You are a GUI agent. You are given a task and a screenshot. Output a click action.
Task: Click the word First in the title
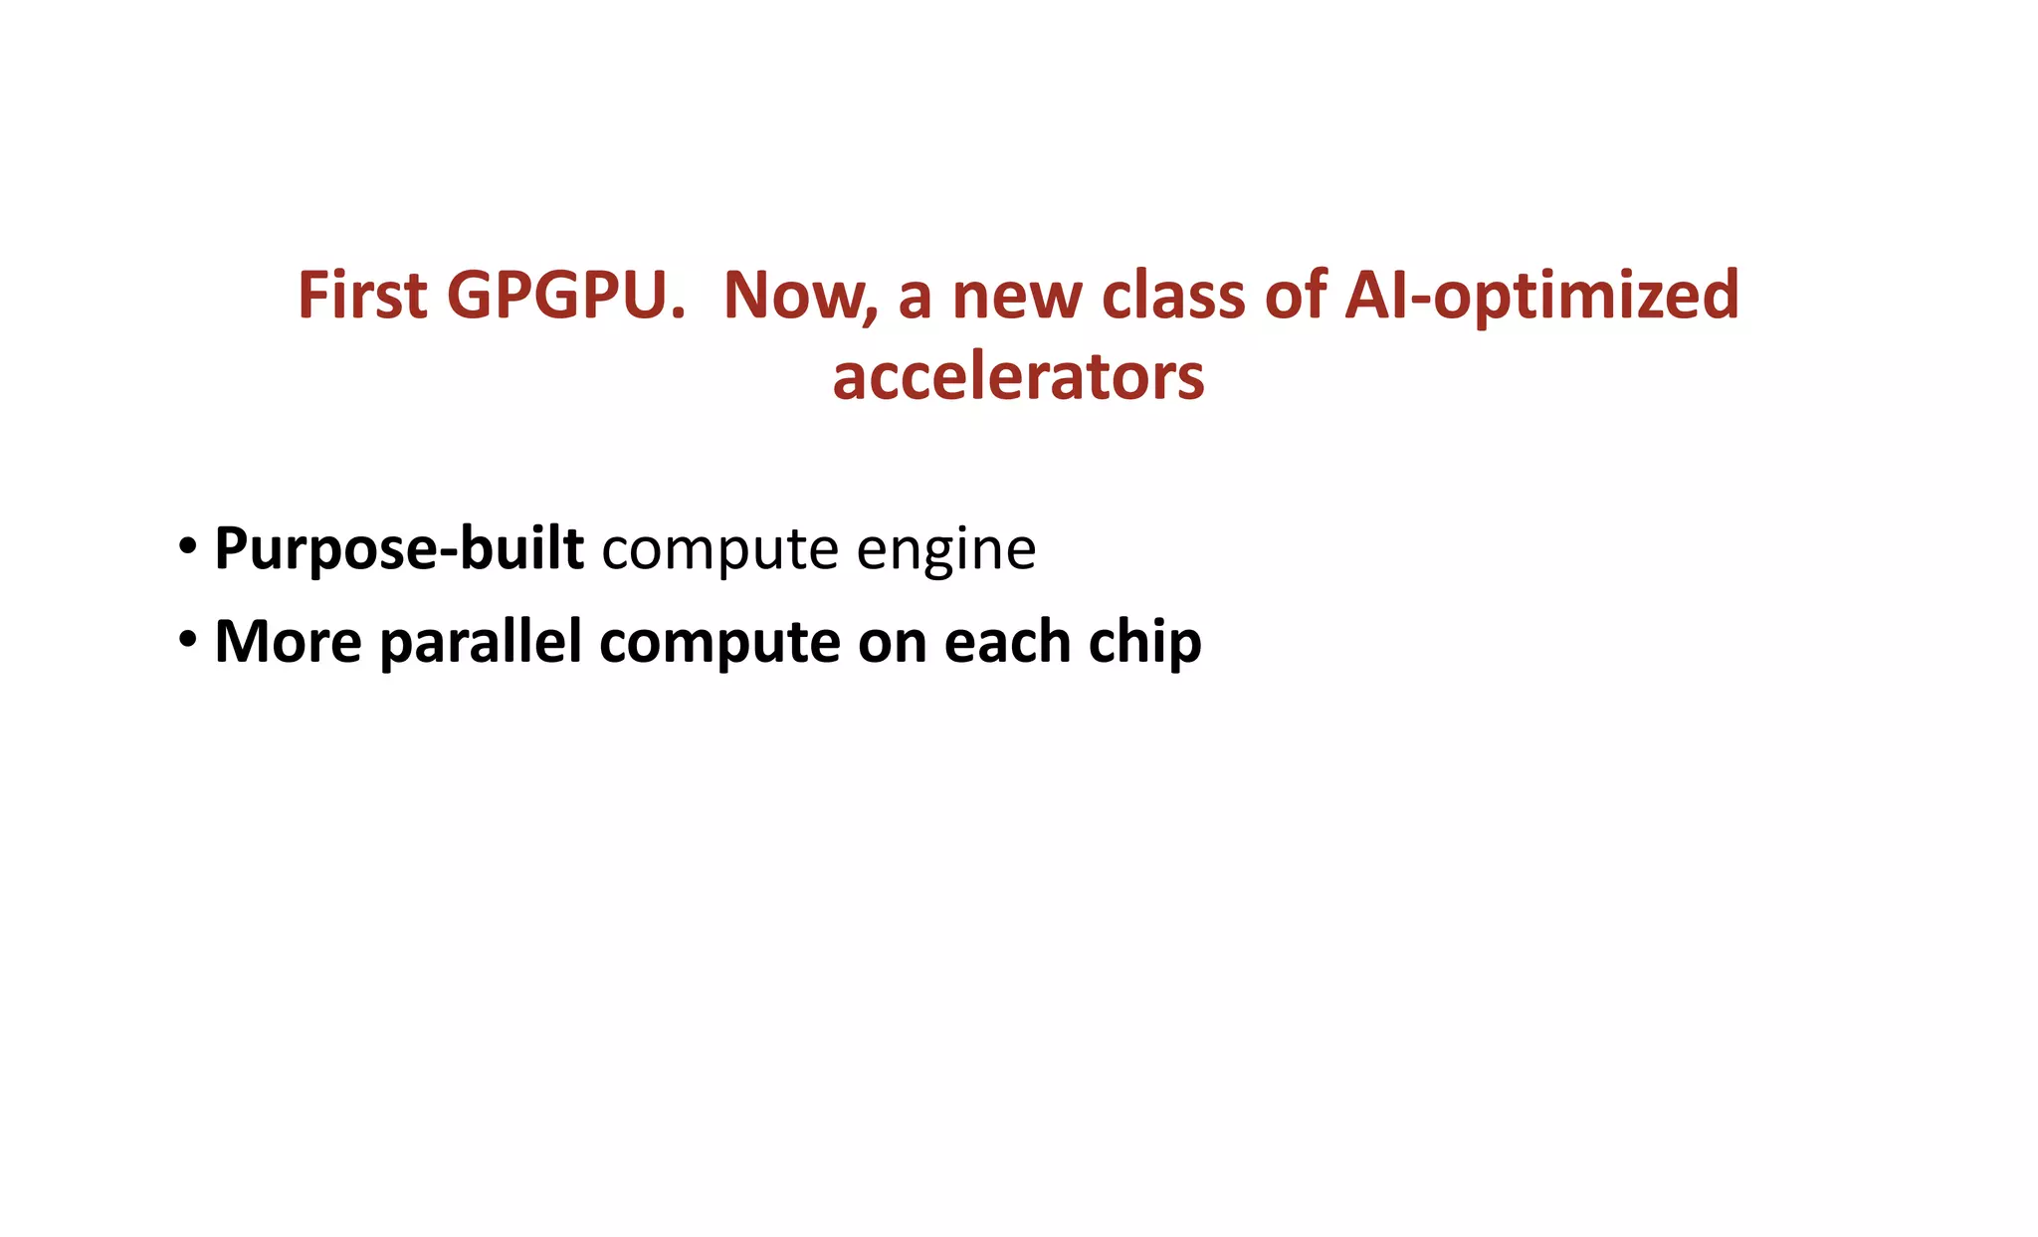[362, 296]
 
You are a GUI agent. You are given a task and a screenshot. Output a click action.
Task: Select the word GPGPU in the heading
[565, 296]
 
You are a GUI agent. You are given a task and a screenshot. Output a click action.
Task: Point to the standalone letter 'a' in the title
[915, 298]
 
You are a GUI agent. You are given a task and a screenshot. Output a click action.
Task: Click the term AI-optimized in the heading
[1540, 298]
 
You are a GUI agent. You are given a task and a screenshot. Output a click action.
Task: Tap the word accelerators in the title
[1018, 378]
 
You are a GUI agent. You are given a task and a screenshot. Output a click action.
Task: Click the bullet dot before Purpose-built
[187, 546]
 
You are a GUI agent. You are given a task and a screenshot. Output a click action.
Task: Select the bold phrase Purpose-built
[398, 548]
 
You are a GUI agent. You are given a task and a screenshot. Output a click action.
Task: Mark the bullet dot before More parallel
[187, 640]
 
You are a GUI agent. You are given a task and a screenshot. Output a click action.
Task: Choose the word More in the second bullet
[288, 642]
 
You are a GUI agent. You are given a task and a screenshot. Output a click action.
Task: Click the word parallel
[481, 642]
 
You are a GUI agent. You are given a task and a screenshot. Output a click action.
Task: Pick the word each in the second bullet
[1006, 642]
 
